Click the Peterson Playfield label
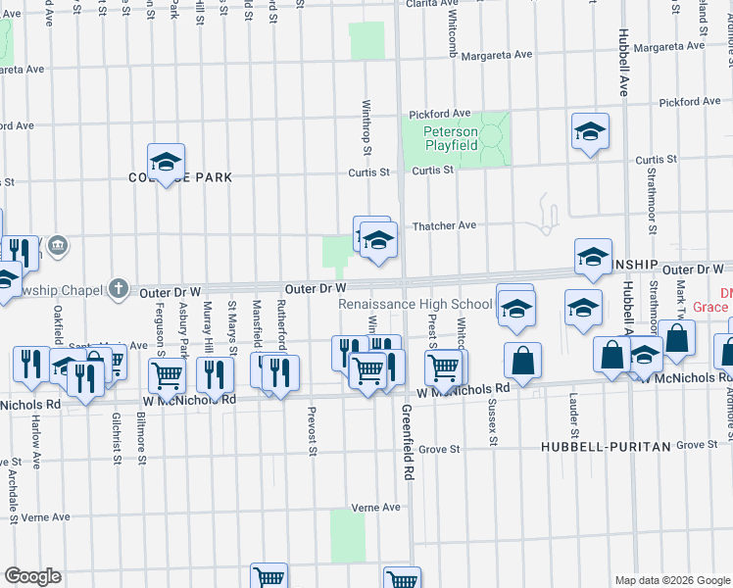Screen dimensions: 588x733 pos(451,138)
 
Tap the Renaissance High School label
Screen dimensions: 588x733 pos(415,305)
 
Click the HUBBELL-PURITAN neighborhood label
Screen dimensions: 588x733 pos(606,446)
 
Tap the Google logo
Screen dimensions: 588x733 pos(32,576)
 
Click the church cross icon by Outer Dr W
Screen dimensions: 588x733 pos(118,288)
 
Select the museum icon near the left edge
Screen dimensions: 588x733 pos(58,243)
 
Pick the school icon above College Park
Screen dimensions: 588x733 pos(167,161)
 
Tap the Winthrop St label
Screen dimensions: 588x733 pos(366,127)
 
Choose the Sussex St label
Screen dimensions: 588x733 pos(494,422)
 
